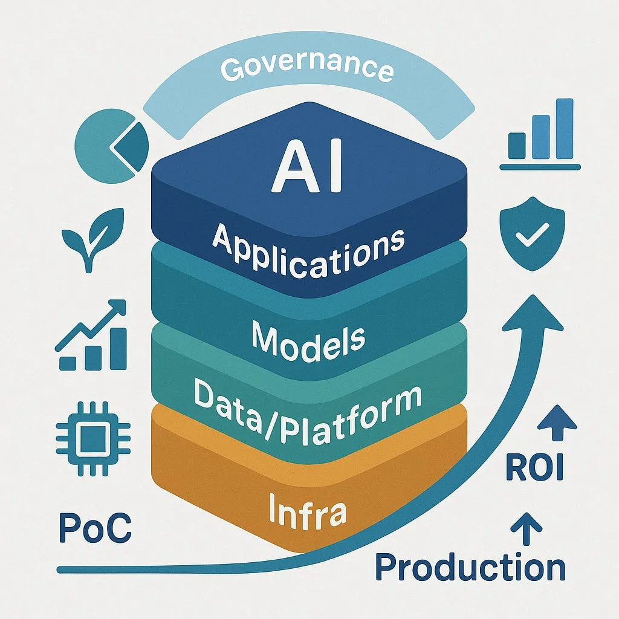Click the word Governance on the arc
pos(306,68)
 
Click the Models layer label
pos(308,340)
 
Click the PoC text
pos(95,528)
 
